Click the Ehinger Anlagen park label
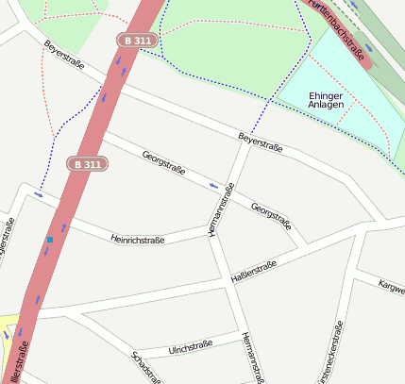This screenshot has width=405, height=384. point(331,101)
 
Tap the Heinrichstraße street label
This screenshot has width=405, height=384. point(138,240)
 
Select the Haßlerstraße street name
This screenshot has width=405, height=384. point(254,272)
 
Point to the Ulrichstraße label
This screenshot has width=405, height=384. point(191,347)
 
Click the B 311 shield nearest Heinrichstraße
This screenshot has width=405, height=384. point(86,164)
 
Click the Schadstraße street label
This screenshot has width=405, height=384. point(145,368)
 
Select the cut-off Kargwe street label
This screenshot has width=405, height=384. point(391,286)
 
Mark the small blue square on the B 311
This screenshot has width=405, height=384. point(49,241)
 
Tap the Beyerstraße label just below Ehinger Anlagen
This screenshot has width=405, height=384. point(261,138)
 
